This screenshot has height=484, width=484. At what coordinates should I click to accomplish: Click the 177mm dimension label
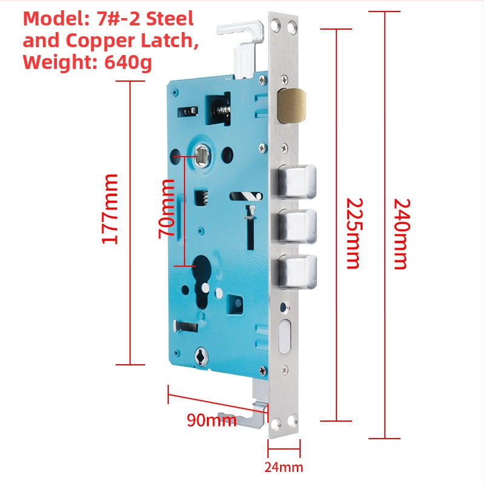(110, 209)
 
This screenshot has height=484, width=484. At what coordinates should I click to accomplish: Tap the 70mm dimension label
(166, 209)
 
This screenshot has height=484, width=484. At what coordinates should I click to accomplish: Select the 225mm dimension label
(354, 234)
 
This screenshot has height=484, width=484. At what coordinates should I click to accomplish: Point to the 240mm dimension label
(402, 234)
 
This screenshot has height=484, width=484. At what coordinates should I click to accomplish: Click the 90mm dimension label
(212, 420)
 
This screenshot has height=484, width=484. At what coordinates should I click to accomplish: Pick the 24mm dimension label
(284, 467)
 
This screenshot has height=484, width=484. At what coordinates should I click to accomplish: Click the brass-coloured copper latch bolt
(292, 105)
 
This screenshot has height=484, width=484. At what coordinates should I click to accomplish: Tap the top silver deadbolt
(297, 181)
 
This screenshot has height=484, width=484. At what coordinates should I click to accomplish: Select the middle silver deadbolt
(298, 226)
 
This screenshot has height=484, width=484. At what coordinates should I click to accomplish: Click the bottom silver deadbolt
(298, 272)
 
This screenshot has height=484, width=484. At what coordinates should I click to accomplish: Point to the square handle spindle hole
(202, 155)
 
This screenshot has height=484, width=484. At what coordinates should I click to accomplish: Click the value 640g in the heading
(128, 62)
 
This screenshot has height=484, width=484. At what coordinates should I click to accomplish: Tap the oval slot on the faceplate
(284, 337)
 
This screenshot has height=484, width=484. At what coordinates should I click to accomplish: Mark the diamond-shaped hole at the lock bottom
(201, 356)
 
